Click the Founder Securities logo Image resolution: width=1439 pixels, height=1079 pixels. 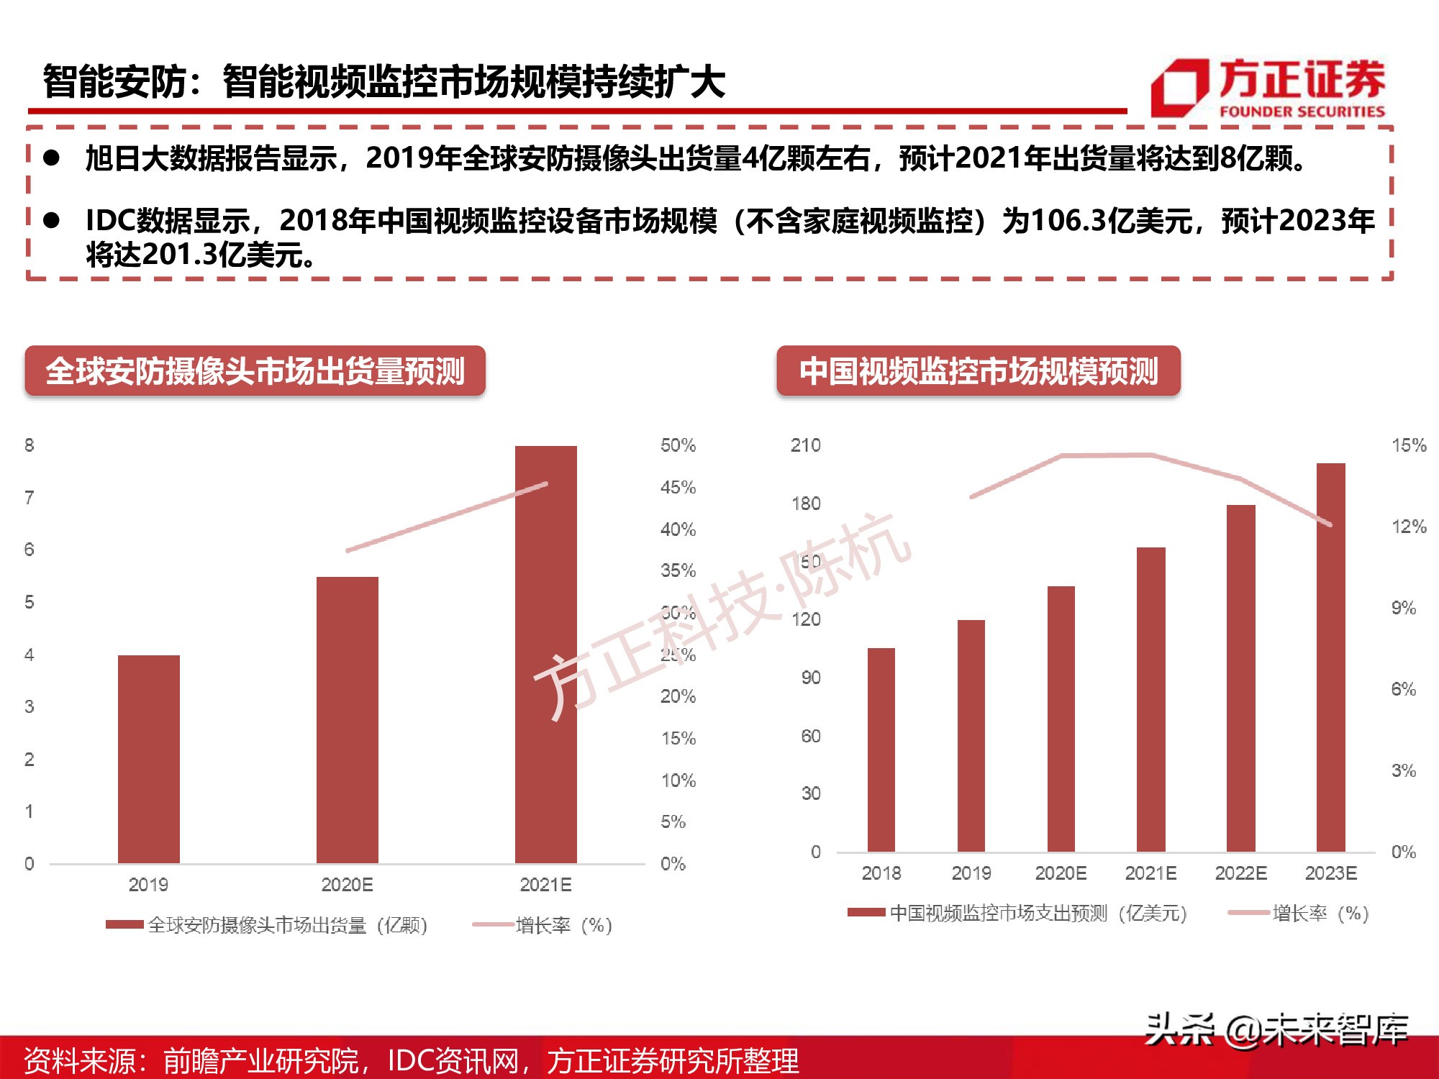click(x=1268, y=88)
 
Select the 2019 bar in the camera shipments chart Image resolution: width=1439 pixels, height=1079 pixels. click(x=148, y=759)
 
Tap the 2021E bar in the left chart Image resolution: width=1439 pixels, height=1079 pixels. click(x=545, y=655)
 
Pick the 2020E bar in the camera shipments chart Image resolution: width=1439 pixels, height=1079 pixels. click(x=347, y=719)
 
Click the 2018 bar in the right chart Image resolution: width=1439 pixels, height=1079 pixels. click(x=881, y=750)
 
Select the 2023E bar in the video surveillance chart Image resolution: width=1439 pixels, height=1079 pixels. click(x=1330, y=657)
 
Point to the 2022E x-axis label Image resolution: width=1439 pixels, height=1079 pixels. click(x=1240, y=873)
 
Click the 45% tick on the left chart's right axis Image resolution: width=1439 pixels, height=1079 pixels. click(x=678, y=488)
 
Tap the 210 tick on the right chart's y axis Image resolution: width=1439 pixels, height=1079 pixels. click(x=805, y=445)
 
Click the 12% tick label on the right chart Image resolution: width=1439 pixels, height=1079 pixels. click(x=1408, y=527)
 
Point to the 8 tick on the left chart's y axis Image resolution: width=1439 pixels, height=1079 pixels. click(x=29, y=445)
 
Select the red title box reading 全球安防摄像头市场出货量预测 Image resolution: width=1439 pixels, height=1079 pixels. click(x=255, y=371)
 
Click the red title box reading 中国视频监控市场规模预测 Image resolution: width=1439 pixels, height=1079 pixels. click(x=978, y=371)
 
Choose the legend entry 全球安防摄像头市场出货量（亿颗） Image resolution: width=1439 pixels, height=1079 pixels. click(x=268, y=925)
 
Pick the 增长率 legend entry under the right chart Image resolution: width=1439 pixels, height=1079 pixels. click(x=1299, y=914)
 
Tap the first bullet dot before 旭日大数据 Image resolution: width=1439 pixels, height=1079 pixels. click(x=51, y=158)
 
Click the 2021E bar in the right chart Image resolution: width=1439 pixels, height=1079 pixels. click(x=1150, y=699)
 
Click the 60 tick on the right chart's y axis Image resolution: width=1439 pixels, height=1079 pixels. click(x=810, y=736)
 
